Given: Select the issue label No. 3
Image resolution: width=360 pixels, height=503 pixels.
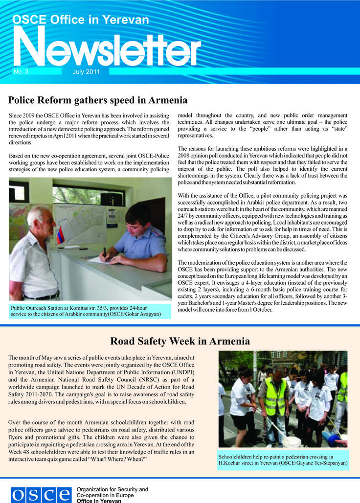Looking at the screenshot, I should point(21,71).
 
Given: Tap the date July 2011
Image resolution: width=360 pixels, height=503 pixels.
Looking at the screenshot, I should point(86,72).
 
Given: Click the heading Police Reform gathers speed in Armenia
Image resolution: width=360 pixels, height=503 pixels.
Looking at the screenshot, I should point(98,100).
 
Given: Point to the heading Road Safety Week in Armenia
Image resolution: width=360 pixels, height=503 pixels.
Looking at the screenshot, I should point(180,341).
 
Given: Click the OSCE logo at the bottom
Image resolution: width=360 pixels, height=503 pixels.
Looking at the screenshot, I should point(41,495).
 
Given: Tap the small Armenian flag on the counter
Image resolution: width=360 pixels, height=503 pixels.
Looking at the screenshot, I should point(60,235).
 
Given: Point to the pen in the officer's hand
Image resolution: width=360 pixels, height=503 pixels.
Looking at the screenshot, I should point(104,252).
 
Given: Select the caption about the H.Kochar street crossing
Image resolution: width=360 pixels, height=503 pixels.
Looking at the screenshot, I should point(283,459).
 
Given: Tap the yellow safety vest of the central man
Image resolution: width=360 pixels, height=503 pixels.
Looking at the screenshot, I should point(275,397).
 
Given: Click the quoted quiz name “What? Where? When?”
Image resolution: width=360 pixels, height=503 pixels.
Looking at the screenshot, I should point(118,459).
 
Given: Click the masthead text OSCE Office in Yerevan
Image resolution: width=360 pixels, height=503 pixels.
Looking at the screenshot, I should point(81,20).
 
